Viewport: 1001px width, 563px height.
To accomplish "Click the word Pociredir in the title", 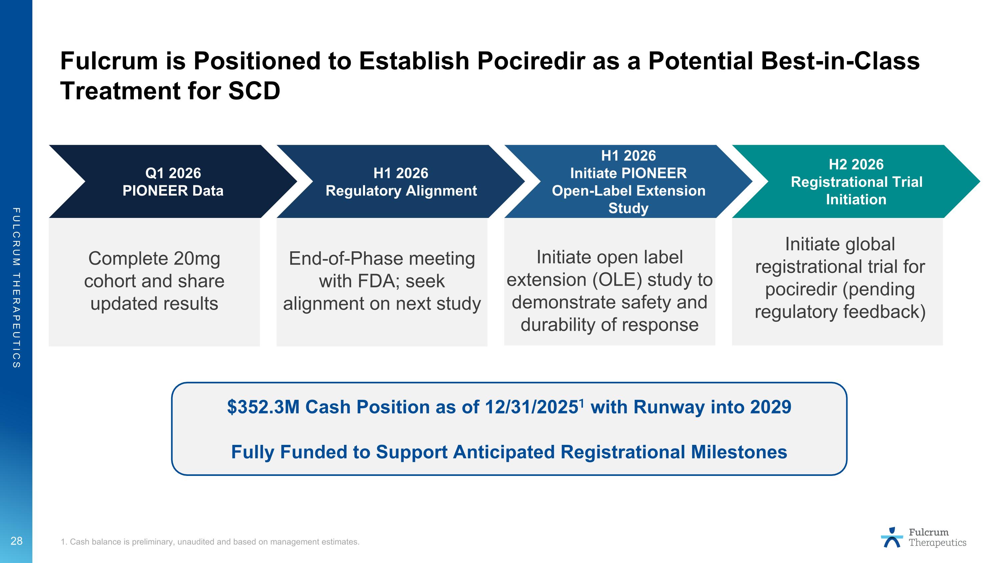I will click(x=531, y=61).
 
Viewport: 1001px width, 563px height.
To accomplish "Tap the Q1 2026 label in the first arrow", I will click(x=173, y=173).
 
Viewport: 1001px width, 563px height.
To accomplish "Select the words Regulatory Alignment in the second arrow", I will click(x=401, y=191).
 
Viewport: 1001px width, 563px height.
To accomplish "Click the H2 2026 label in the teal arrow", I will click(x=856, y=164).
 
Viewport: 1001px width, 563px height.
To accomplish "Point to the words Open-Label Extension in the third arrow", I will click(x=628, y=191).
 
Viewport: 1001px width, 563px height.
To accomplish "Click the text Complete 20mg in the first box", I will click(x=154, y=258).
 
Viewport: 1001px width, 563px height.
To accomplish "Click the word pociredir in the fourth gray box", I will click(x=800, y=289).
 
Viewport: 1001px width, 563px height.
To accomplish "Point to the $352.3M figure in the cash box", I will click(x=263, y=407).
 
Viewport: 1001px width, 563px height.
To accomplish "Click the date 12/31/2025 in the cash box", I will click(x=531, y=407).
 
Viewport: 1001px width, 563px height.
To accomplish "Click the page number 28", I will click(x=16, y=541).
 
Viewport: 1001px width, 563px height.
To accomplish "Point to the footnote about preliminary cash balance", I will click(x=210, y=542).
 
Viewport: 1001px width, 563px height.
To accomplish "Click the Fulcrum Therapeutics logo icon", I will click(x=892, y=537).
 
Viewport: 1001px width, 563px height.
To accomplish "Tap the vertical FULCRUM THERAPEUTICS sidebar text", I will click(x=16, y=288).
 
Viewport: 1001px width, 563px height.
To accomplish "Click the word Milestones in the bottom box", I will click(x=739, y=452).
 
